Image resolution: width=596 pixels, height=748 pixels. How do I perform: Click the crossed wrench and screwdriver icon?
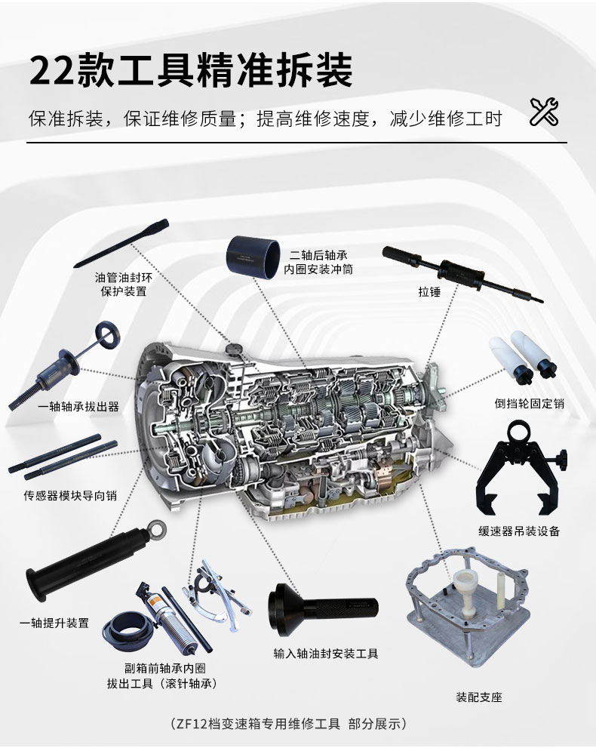pyautogui.click(x=544, y=112)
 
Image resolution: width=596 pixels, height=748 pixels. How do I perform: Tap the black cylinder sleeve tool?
pyautogui.click(x=253, y=257)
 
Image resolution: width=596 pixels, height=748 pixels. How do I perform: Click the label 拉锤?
pyautogui.click(x=429, y=291)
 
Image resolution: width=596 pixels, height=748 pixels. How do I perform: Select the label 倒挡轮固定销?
pyautogui.click(x=530, y=404)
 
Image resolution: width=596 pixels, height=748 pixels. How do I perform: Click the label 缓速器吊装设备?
pyautogui.click(x=519, y=531)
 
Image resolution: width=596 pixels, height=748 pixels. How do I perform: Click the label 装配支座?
pyautogui.click(x=479, y=697)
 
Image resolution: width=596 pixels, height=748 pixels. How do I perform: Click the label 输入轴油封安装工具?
pyautogui.click(x=326, y=654)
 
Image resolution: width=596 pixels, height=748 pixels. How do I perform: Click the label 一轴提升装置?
pyautogui.click(x=54, y=623)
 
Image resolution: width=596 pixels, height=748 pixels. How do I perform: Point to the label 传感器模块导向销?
pyautogui.click(x=71, y=496)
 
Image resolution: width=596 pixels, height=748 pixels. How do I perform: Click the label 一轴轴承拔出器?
pyautogui.click(x=78, y=406)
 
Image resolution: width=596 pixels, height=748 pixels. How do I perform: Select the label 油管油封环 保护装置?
pyautogui.click(x=124, y=285)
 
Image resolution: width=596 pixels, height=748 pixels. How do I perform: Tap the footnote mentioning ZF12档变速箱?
pyautogui.click(x=288, y=724)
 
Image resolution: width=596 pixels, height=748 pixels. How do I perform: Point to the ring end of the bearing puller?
pyautogui.click(x=107, y=335)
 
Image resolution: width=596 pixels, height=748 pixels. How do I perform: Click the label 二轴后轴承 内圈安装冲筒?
pyautogui.click(x=318, y=263)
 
